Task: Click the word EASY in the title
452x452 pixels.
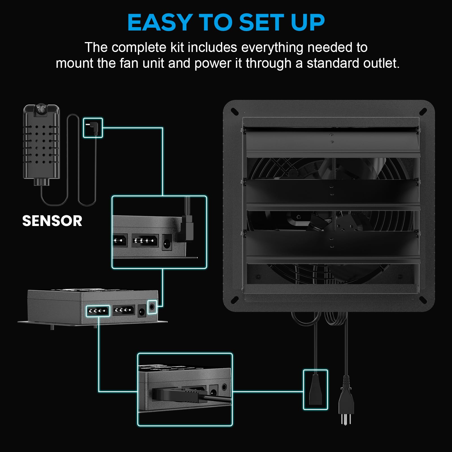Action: pos(160,22)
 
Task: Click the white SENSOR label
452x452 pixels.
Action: pos(52,221)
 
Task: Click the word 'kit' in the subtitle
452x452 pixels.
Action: pos(177,47)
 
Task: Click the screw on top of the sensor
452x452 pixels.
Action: pos(41,108)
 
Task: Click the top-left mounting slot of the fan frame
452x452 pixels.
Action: pos(235,112)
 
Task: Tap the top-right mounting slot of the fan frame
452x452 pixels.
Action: pos(423,112)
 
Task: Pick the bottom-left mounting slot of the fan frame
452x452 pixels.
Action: pos(235,300)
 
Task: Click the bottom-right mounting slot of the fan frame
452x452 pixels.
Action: pos(423,300)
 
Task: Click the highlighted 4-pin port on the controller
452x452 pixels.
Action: pos(98,311)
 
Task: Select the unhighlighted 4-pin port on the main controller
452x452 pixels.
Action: pos(124,310)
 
